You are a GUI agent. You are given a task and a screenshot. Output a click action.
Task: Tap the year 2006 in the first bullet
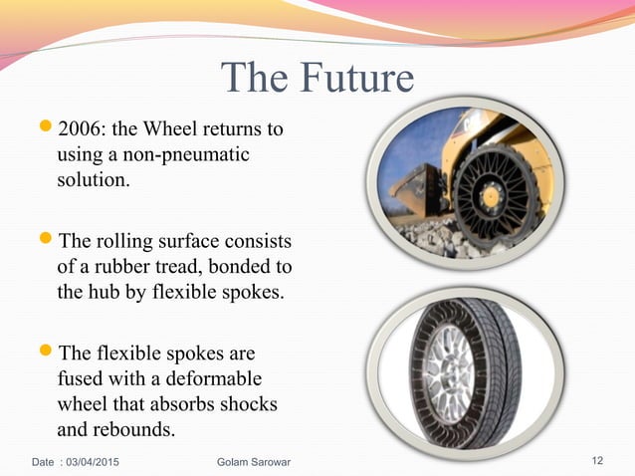click(81, 129)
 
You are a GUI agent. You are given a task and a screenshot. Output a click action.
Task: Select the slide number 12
click(597, 460)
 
